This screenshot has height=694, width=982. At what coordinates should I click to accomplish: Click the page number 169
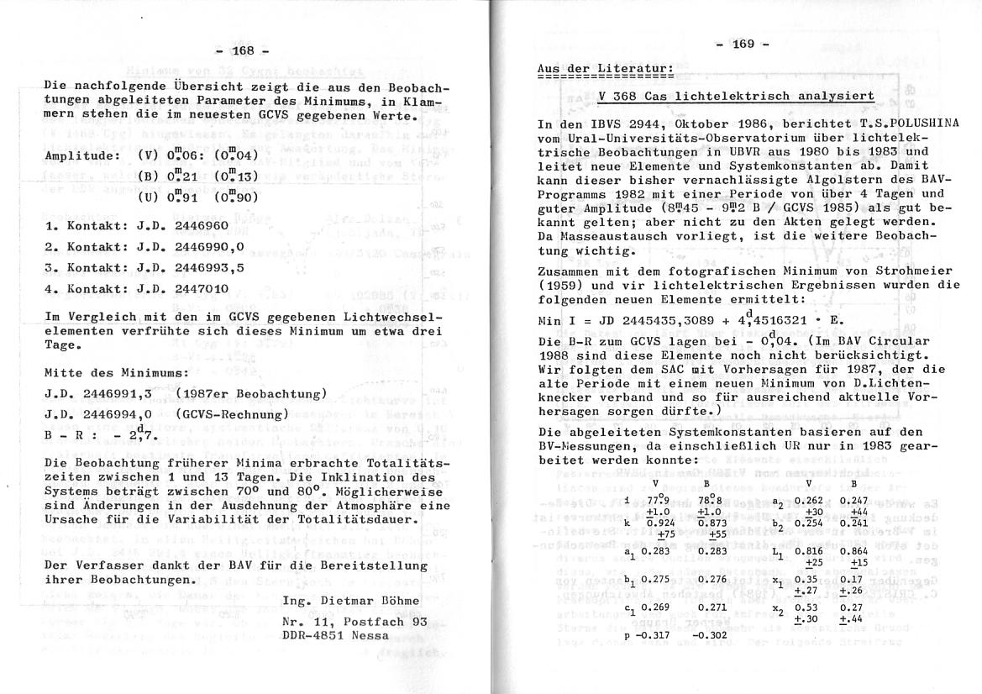(x=743, y=45)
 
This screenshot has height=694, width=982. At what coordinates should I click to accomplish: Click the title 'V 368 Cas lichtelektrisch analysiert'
(x=737, y=97)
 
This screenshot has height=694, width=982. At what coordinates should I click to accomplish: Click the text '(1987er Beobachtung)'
(x=252, y=393)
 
